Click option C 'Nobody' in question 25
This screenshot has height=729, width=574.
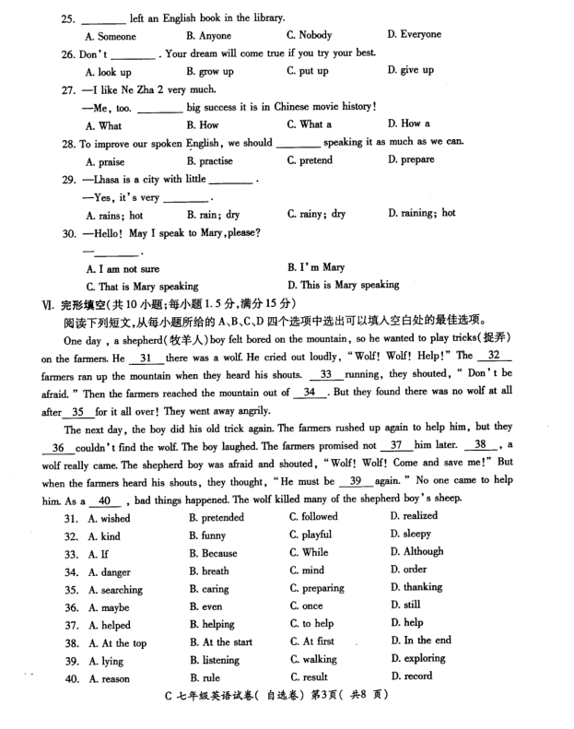[316, 35]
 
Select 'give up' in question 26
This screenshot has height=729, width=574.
[412, 70]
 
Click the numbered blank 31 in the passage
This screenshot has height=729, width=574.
[146, 358]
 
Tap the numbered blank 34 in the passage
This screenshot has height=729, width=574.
[312, 393]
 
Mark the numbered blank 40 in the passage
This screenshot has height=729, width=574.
[108, 500]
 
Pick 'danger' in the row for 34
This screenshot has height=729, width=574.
[114, 571]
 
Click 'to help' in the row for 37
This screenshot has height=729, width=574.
[317, 624]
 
